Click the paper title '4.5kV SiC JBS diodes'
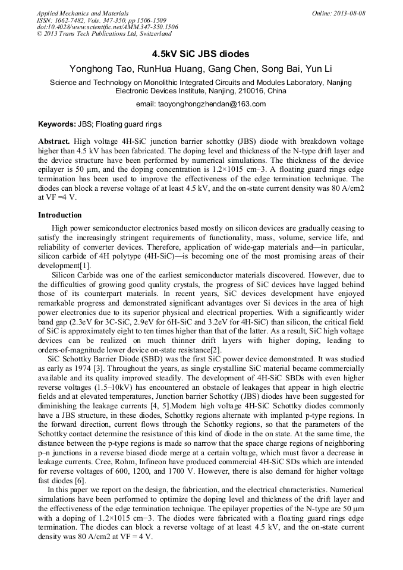click(201, 53)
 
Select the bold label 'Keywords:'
click(56, 124)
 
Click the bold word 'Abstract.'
click(54, 143)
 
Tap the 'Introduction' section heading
click(59, 215)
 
